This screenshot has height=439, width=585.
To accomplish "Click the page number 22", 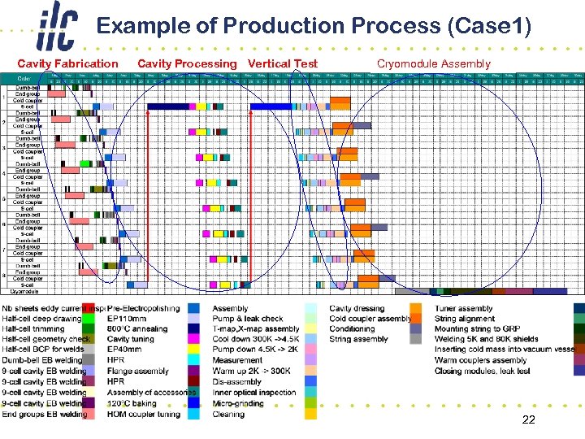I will (x=528, y=419).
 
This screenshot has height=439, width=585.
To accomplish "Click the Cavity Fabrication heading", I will (x=67, y=63).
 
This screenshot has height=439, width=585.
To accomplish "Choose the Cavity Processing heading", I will (x=187, y=63).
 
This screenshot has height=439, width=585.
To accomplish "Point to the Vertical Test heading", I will (x=283, y=63).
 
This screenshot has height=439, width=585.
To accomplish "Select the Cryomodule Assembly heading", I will (x=434, y=63).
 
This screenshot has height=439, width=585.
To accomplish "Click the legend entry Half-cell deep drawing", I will (x=41, y=319).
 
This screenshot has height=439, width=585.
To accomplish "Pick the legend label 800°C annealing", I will (x=137, y=329).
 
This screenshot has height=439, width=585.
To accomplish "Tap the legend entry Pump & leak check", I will (x=248, y=319).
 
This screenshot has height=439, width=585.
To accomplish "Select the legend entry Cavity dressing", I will (x=357, y=308).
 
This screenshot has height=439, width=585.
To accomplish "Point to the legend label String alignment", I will (x=465, y=319).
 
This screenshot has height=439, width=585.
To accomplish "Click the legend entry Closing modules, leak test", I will (x=482, y=372).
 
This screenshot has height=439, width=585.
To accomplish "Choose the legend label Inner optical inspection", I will (x=254, y=393).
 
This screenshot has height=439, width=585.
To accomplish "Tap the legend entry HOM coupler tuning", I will (x=144, y=414).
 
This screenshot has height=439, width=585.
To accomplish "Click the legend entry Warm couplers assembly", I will (x=480, y=361).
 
